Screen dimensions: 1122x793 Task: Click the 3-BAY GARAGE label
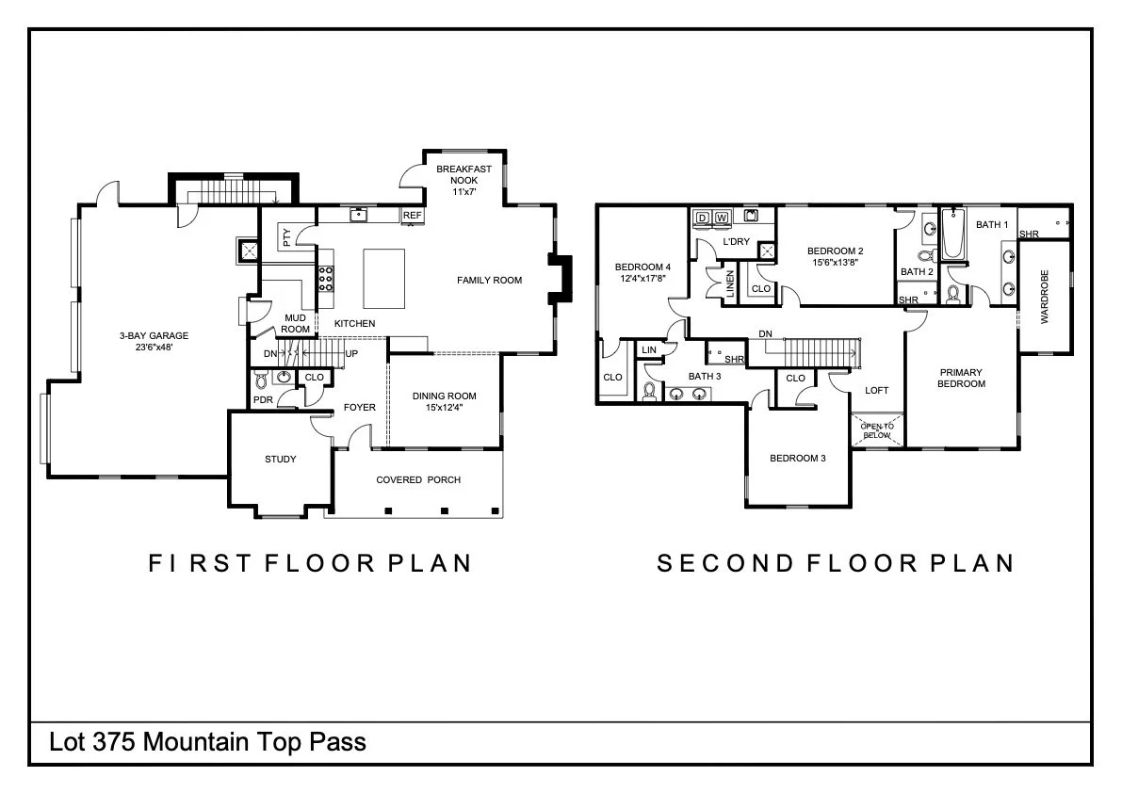tap(154, 335)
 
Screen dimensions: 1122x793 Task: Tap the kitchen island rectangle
tap(384, 278)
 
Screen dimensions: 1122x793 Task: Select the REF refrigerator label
tap(413, 216)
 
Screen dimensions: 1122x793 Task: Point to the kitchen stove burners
tap(326, 278)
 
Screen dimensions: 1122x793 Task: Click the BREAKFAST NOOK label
tap(463, 174)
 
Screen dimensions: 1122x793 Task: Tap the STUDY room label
tap(281, 459)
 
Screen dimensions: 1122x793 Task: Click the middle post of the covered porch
tap(445, 510)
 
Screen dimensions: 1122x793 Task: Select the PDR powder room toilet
tap(261, 380)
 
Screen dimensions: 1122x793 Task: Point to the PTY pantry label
tap(287, 236)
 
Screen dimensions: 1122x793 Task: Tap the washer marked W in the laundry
tap(722, 218)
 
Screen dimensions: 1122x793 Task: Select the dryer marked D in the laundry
tap(702, 218)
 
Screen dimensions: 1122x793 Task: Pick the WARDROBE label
tap(1045, 297)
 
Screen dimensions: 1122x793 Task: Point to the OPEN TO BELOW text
tap(876, 430)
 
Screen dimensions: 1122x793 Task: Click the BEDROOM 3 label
tap(798, 459)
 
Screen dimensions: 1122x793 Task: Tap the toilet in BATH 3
tap(650, 391)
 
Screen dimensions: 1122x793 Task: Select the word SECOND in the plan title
tap(725, 563)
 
